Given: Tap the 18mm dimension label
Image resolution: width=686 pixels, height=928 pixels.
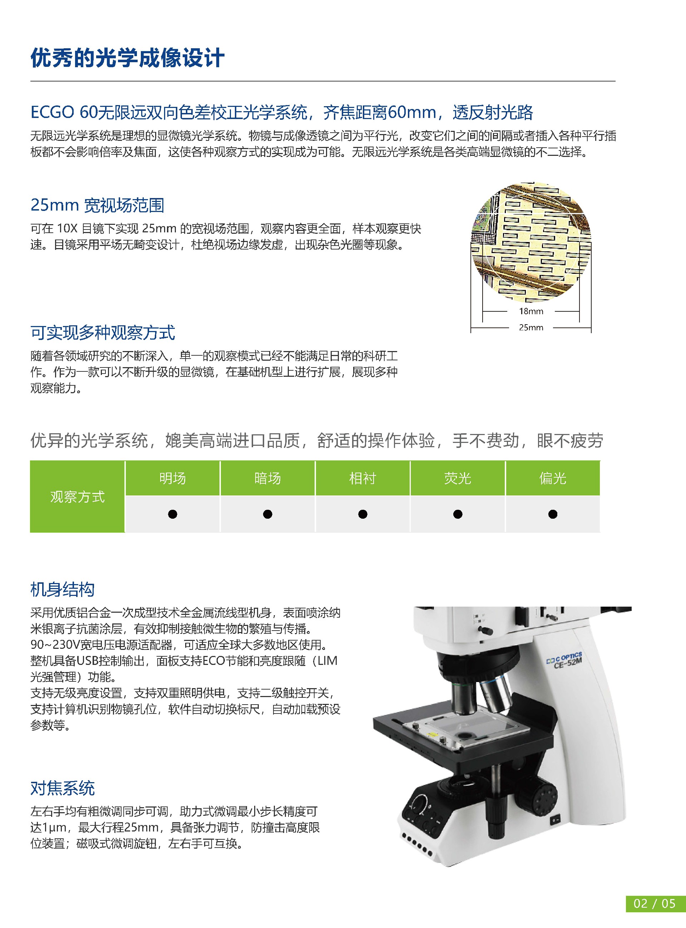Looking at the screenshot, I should pyautogui.click(x=531, y=311).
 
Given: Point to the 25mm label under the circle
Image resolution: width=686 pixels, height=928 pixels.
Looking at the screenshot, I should pyautogui.click(x=531, y=327).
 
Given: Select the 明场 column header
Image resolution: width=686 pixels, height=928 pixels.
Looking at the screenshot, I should pyautogui.click(x=172, y=478).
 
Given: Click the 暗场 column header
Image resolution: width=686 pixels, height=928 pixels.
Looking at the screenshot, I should pyautogui.click(x=267, y=478).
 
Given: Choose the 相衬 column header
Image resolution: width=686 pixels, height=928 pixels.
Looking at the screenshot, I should pyautogui.click(x=362, y=478).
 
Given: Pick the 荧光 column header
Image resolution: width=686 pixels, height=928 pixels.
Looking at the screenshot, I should pyautogui.click(x=457, y=478).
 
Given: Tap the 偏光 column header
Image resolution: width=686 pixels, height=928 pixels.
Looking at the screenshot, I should pyautogui.click(x=552, y=478).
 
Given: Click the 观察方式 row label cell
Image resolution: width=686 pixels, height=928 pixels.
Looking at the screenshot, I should pyautogui.click(x=77, y=497).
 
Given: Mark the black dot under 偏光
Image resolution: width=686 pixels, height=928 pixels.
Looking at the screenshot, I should pyautogui.click(x=553, y=514).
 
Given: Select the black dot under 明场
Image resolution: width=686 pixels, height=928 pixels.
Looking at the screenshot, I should pyautogui.click(x=172, y=514).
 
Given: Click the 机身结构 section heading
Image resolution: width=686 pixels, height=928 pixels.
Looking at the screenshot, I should pyautogui.click(x=62, y=589).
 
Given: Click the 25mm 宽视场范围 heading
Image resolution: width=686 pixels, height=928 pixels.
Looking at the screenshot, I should pyautogui.click(x=97, y=205).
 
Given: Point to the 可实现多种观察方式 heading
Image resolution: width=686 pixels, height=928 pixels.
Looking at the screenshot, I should pyautogui.click(x=103, y=332).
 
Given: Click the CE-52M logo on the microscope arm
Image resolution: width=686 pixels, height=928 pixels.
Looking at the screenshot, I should pyautogui.click(x=565, y=661).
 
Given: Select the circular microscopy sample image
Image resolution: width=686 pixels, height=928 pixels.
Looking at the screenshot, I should pyautogui.click(x=531, y=242).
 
